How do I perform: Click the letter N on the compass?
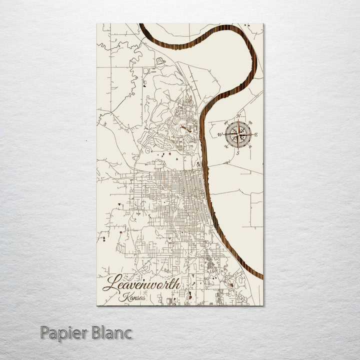click(x=238, y=116)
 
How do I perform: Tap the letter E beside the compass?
click(x=256, y=134)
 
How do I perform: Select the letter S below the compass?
click(x=238, y=152)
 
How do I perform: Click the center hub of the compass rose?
click(x=238, y=134)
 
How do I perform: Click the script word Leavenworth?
click(x=141, y=283)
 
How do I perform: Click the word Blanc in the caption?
click(x=112, y=332)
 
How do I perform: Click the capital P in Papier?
click(x=45, y=332)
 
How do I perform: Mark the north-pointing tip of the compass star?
click(x=238, y=120)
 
